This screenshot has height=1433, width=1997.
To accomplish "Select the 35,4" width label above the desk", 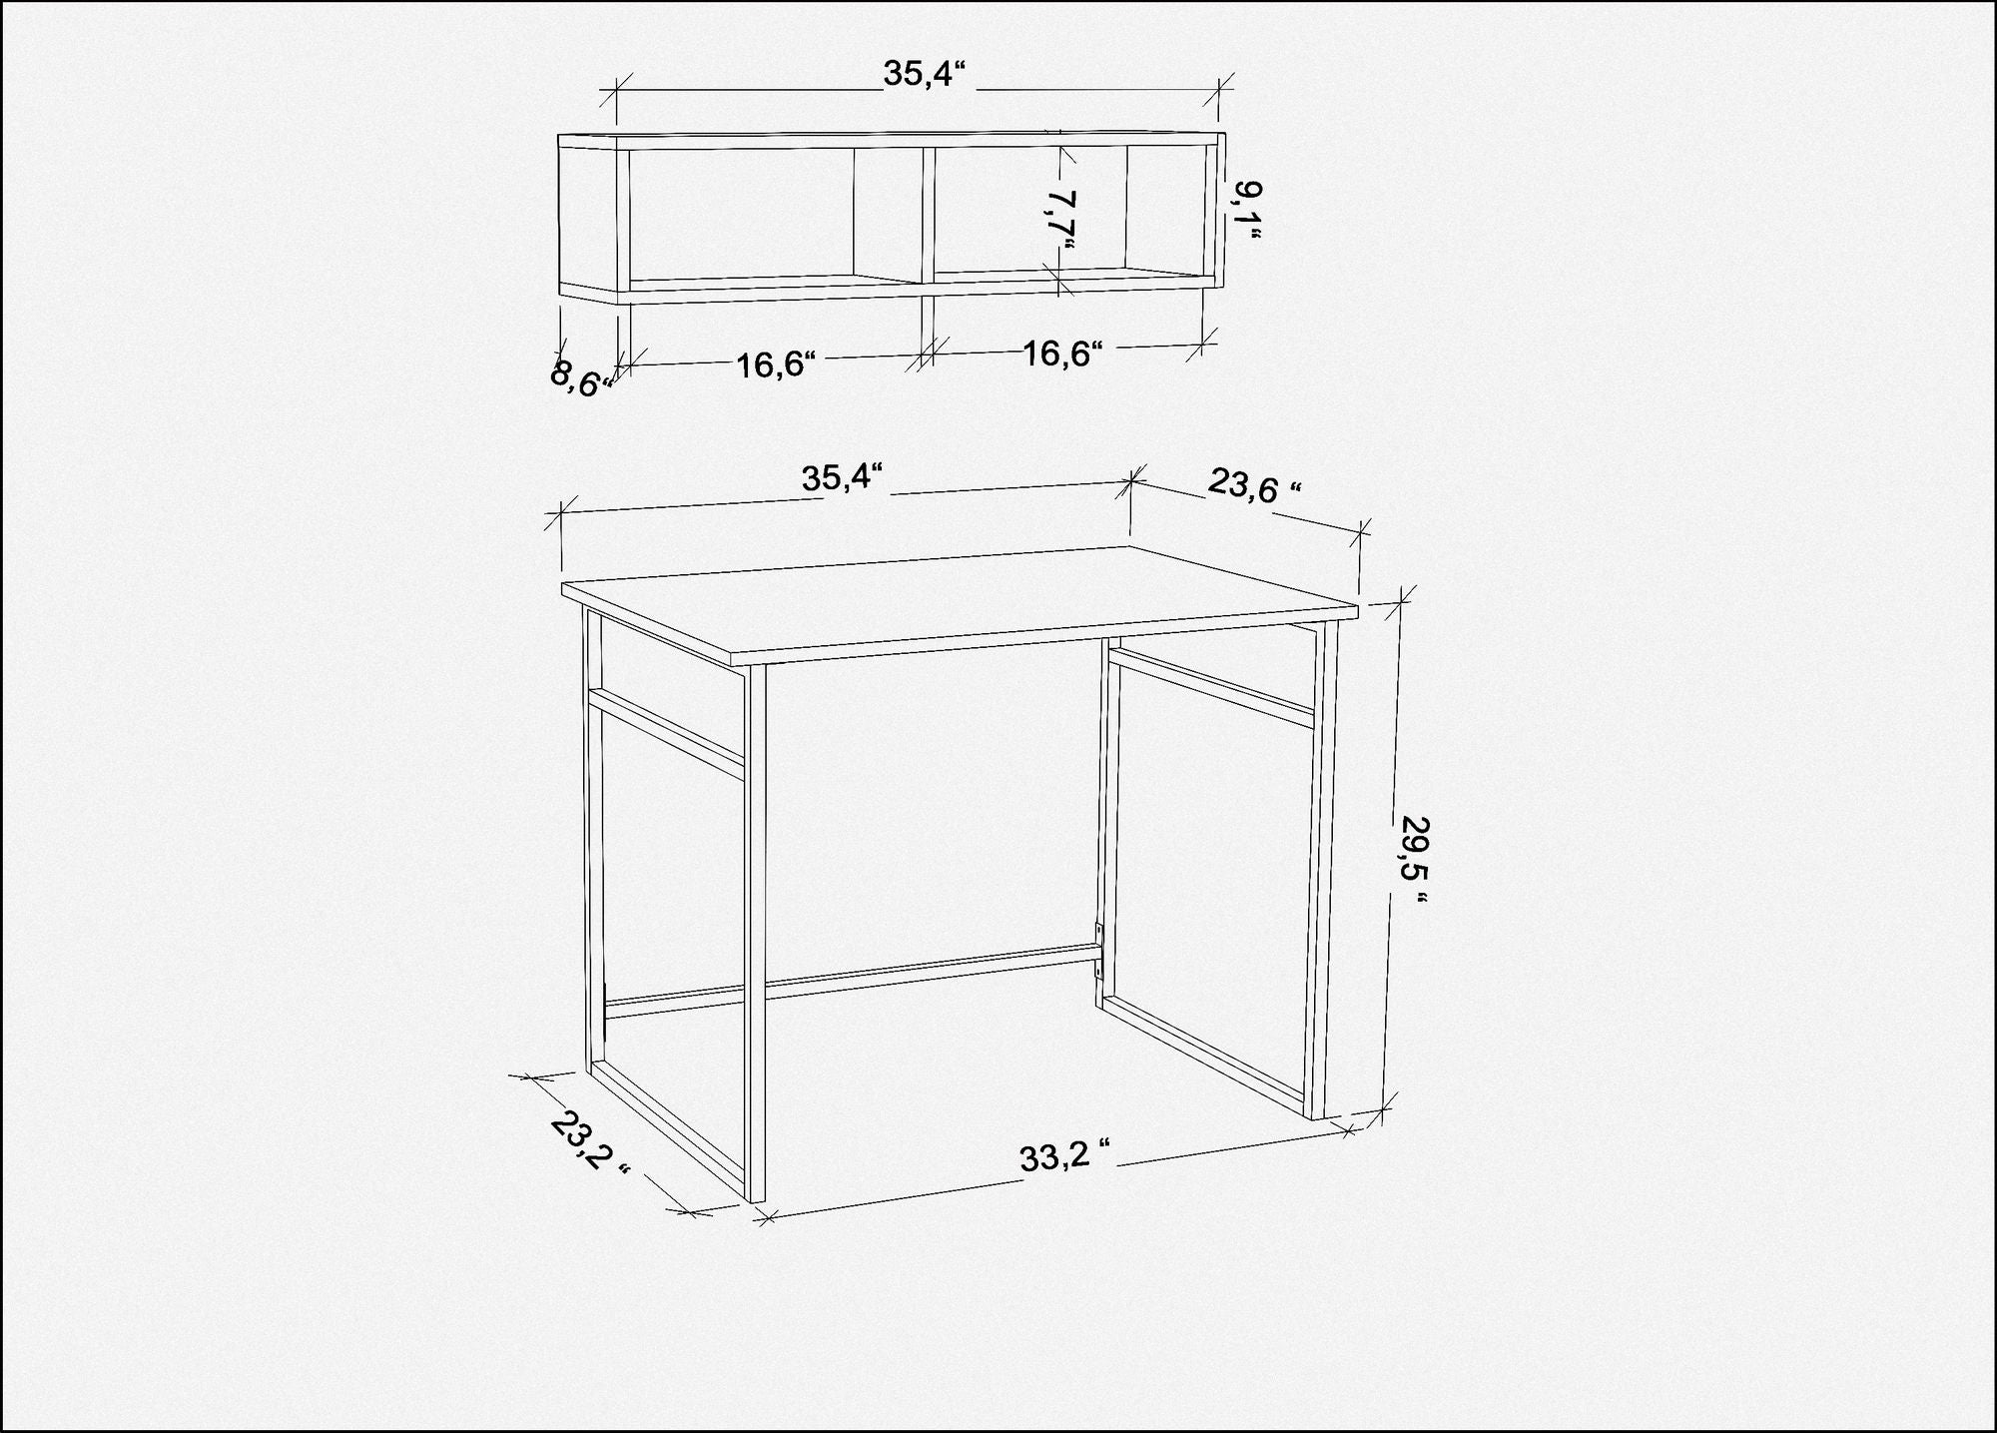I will [844, 477].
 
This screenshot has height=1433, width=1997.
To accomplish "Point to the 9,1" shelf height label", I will [1246, 211].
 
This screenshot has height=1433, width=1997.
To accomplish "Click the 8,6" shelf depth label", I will [580, 379].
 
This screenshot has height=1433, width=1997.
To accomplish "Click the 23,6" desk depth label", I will [1255, 485].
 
